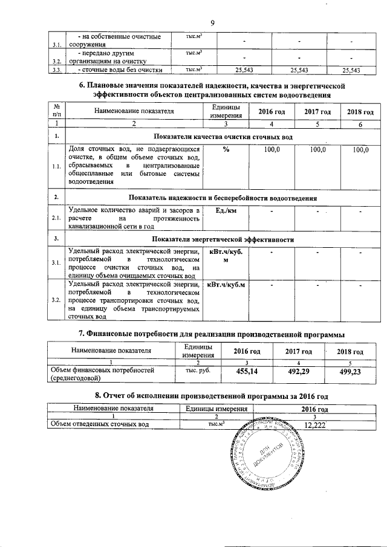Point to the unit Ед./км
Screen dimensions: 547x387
pos(226,210)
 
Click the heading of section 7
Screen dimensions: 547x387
pos(212,334)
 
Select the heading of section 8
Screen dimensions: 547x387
pos(212,396)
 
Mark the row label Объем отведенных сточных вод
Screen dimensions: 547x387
pos(100,425)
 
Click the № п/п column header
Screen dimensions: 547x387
pos(56,110)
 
